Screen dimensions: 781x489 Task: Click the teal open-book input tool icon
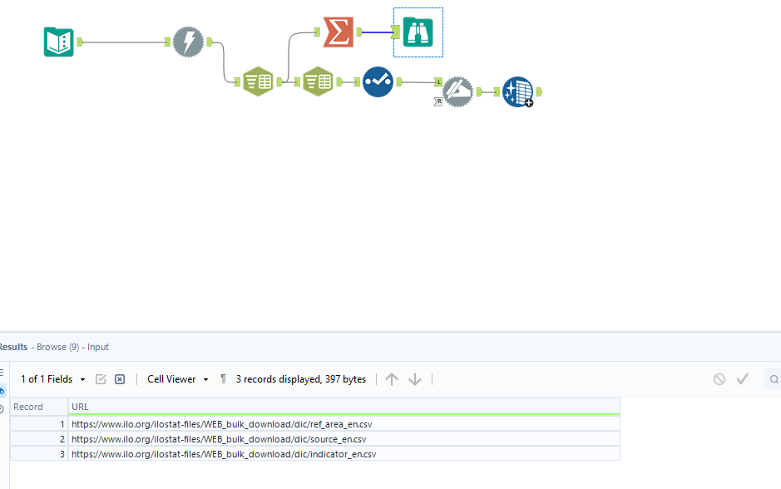coord(59,42)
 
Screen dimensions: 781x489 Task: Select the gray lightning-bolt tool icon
coord(188,42)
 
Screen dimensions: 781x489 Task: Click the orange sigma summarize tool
coord(339,32)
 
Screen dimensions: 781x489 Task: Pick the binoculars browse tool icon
coord(418,32)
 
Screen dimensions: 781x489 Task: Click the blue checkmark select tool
coord(378,81)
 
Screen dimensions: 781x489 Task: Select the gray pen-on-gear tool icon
coord(457,91)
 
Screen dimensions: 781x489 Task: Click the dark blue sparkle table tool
coord(518,91)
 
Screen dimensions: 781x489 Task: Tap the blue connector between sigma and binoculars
coord(378,32)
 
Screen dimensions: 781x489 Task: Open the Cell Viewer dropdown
coord(178,379)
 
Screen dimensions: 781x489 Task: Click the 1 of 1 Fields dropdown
coord(52,379)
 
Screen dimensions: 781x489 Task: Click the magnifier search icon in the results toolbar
coord(774,379)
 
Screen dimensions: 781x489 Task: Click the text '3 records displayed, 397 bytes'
coord(301,379)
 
